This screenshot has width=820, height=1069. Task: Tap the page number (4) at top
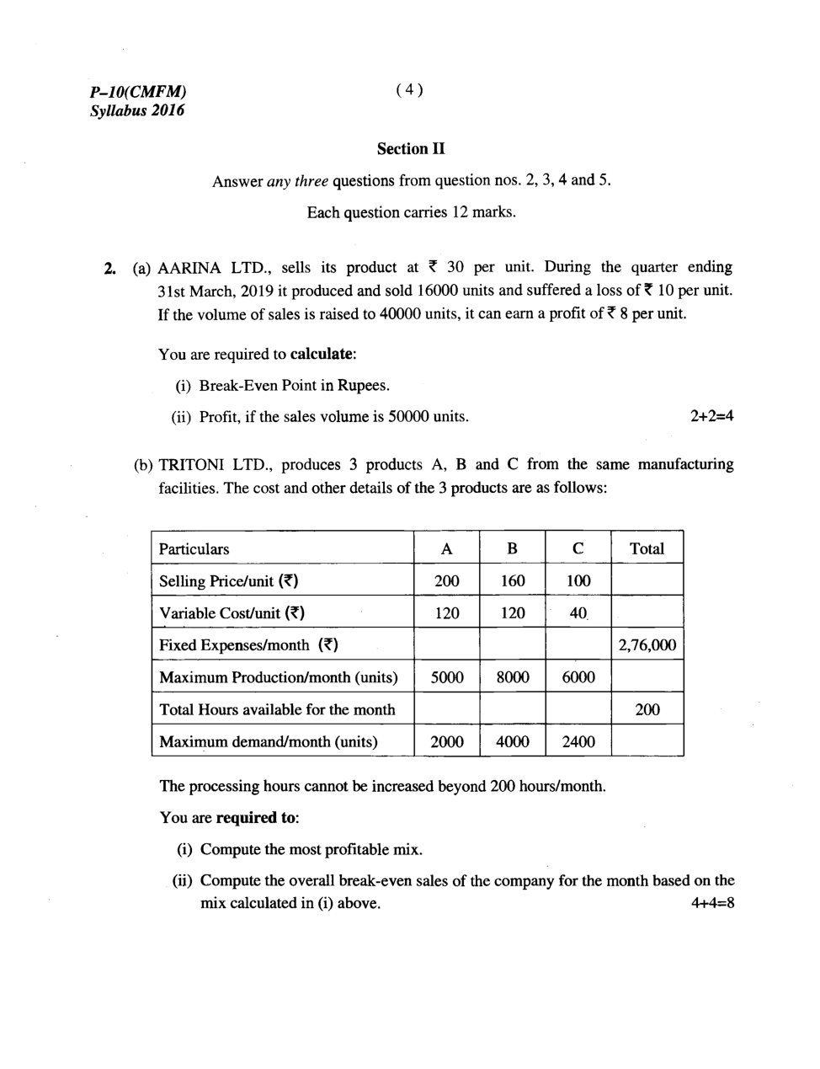tap(408, 90)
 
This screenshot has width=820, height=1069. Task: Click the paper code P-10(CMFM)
tap(137, 92)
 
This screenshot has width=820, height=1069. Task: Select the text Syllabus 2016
tap(136, 110)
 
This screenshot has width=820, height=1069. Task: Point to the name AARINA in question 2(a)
tap(189, 268)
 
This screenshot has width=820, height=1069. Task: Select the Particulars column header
tap(194, 549)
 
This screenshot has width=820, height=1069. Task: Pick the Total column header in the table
tap(647, 549)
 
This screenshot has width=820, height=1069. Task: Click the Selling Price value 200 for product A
tap(446, 581)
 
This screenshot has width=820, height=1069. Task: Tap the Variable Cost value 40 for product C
tap(578, 613)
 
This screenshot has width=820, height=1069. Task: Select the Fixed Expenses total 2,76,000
tap(647, 645)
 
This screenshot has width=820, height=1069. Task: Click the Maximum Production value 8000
tap(512, 677)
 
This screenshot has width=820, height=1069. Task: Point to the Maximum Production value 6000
tap(578, 677)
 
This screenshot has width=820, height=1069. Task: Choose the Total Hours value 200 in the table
tap(647, 709)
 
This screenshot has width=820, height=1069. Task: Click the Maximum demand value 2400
tap(578, 741)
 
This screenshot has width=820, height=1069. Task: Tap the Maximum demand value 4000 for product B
tap(512, 741)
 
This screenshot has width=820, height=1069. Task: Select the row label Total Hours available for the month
tap(277, 709)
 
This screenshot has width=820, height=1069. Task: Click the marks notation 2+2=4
tap(711, 416)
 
